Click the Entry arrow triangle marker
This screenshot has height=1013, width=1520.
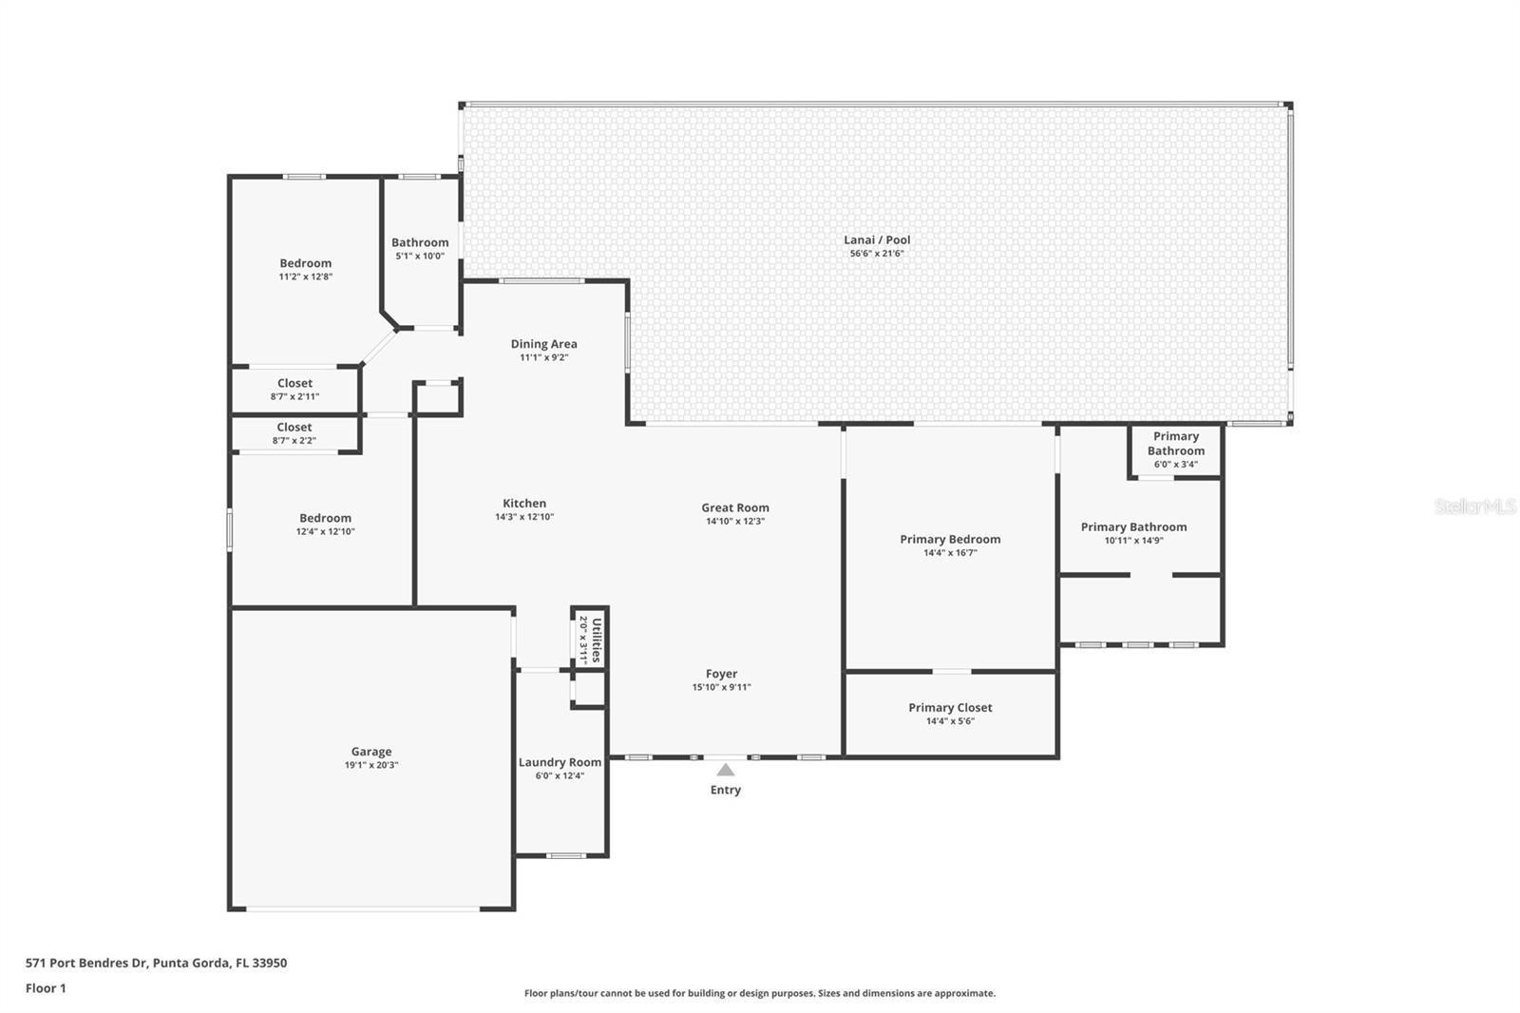coord(725,770)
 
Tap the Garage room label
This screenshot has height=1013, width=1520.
coord(370,752)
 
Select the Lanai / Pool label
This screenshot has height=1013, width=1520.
coord(877,239)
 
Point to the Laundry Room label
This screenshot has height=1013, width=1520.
coord(560,762)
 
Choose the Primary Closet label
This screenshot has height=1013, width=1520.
coord(950,707)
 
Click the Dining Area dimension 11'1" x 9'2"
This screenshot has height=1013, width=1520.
coord(543,358)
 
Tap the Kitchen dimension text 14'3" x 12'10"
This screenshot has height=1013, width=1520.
coord(524,517)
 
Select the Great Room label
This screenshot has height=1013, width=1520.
coord(735,507)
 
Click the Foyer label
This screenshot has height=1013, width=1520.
coord(721,674)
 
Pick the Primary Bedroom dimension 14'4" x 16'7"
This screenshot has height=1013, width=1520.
coord(950,552)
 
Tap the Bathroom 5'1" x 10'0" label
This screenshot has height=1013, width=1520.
coord(420,242)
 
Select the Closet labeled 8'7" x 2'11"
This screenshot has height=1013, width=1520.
coord(294,389)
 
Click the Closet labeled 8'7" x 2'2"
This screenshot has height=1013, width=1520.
coord(294,433)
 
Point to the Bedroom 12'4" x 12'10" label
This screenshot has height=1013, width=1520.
coord(325,518)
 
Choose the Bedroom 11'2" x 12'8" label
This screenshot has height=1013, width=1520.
coord(305,263)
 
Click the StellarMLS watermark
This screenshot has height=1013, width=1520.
coord(1474,507)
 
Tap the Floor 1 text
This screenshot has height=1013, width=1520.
coord(46,988)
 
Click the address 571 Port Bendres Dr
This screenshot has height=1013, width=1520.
coord(86,963)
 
